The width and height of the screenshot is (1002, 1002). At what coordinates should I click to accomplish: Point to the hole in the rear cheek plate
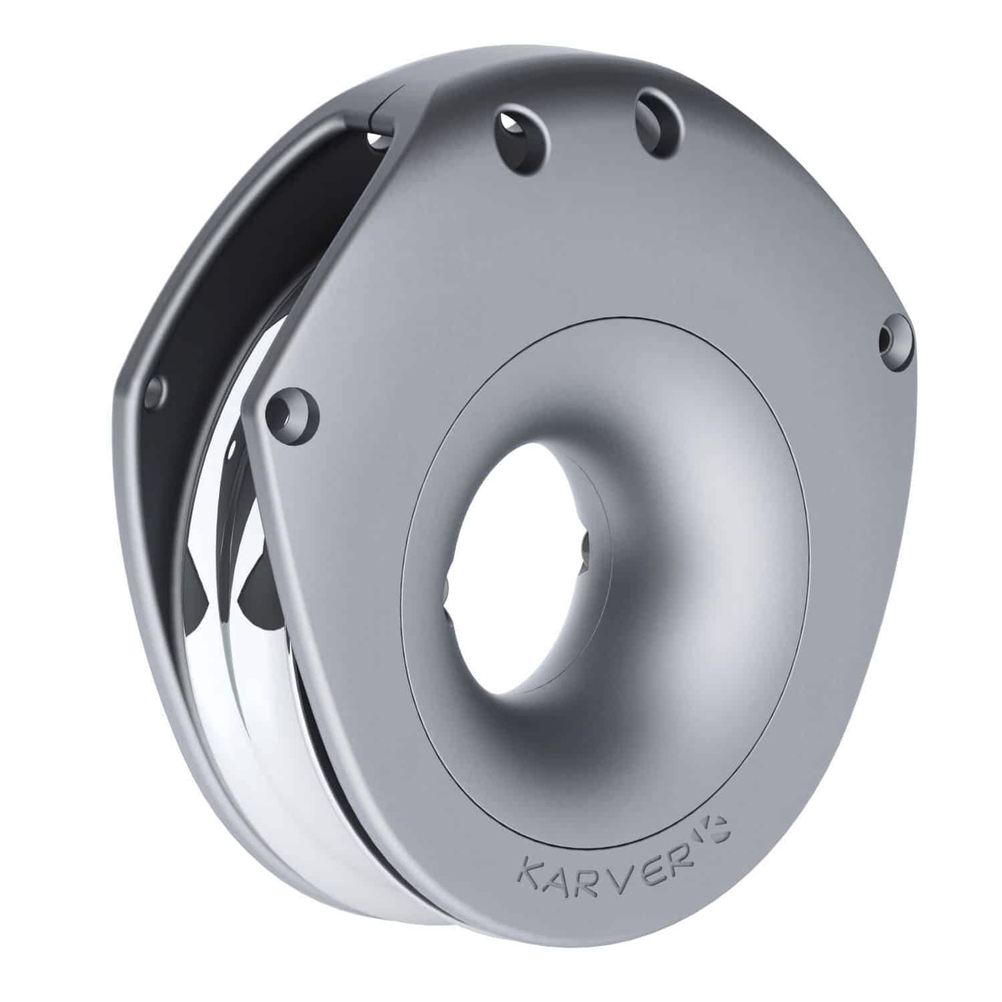(156, 392)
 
